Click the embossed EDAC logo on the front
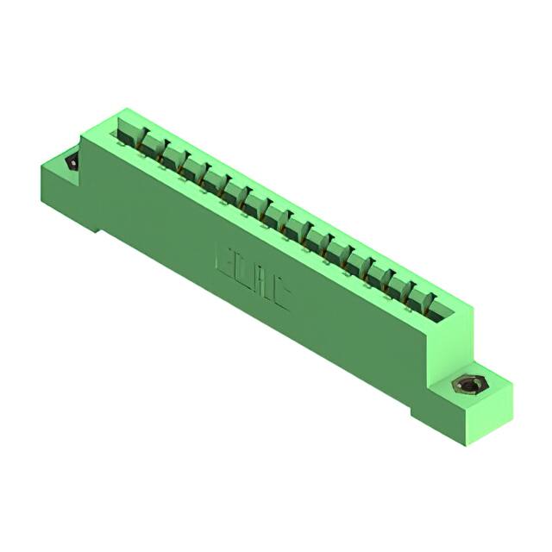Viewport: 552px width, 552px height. (252, 278)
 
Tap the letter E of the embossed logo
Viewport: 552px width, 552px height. (224, 260)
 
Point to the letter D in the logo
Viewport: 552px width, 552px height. (242, 273)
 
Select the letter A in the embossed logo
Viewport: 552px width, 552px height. (260, 285)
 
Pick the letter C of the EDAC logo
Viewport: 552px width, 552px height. (279, 297)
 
